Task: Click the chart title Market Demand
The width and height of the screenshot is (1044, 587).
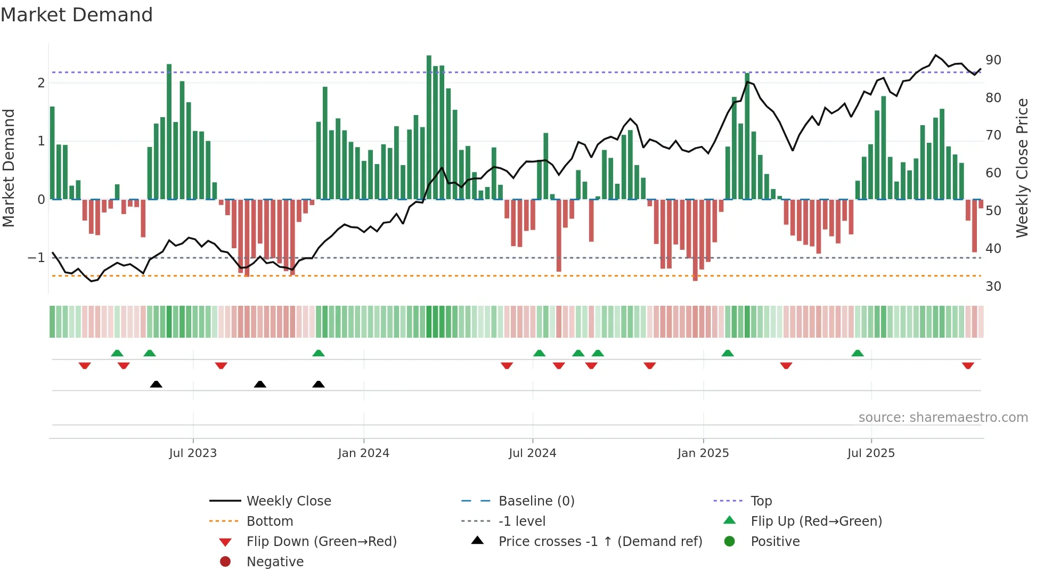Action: coord(77,14)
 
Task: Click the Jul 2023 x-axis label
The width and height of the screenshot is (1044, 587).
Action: coord(193,453)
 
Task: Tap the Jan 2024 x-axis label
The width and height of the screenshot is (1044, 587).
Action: coord(363,453)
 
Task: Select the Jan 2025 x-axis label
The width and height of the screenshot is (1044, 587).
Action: coord(703,453)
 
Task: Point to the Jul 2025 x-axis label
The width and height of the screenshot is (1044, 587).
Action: coord(871,453)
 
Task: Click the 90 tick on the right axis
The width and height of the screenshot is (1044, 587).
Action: coord(993,60)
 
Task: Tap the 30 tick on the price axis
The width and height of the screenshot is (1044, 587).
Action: coord(993,287)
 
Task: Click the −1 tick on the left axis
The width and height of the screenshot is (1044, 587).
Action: coord(36,258)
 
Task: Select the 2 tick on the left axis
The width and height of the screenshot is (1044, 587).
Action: coord(41,83)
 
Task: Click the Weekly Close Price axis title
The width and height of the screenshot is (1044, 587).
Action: coord(1022,168)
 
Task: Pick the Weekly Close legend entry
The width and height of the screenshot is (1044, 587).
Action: coord(288,501)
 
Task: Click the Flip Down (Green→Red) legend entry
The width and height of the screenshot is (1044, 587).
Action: coord(321,542)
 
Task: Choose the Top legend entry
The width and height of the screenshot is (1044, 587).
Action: coord(761,501)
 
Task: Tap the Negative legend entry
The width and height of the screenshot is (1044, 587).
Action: coord(275,562)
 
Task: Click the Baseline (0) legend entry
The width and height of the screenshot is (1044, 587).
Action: coord(536,501)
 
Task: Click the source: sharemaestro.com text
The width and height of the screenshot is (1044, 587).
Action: coord(943,418)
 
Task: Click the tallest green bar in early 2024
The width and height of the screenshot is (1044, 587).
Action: coord(429,128)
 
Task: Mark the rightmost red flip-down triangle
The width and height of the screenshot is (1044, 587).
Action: coord(968,365)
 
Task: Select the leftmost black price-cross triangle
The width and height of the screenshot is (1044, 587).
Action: coord(156,384)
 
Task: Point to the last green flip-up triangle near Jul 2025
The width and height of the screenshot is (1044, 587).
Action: coord(857,353)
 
